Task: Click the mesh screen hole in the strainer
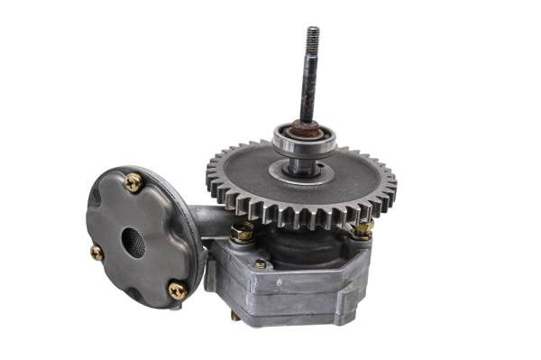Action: (x=133, y=241)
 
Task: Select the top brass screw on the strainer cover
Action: (x=134, y=183)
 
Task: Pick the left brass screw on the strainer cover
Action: (x=96, y=253)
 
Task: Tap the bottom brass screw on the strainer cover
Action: (x=178, y=290)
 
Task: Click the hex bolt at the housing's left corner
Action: (x=241, y=232)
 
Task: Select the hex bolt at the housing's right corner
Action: (x=362, y=229)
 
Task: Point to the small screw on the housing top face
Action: (x=260, y=263)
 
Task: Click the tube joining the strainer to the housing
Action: (x=207, y=219)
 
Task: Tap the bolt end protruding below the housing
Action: (x=235, y=316)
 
